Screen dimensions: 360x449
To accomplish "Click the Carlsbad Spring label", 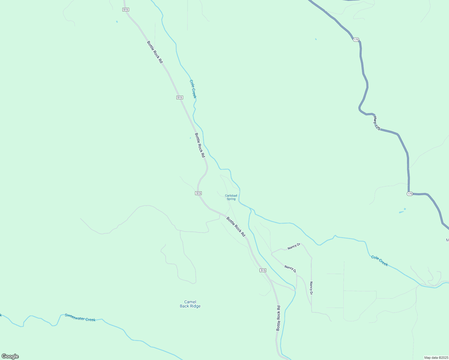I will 231,197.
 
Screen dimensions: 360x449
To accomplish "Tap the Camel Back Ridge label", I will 190,304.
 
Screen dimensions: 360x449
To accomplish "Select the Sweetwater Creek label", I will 80,317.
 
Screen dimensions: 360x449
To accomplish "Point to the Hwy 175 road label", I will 377,123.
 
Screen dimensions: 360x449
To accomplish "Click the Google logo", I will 10,356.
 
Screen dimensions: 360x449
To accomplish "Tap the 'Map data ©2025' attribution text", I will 436,358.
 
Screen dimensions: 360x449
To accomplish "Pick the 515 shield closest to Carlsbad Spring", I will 198,193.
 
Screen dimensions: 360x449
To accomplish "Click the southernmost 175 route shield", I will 410,194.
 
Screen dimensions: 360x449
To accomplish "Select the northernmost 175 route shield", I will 356,40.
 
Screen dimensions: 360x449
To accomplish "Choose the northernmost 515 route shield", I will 126,10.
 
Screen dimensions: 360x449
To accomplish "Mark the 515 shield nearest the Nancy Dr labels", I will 263,270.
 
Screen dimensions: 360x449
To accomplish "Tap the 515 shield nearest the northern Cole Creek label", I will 179,97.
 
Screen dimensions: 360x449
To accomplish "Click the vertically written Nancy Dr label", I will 311,288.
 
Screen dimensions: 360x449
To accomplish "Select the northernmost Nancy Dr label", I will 294,247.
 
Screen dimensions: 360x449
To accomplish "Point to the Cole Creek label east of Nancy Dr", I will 379,261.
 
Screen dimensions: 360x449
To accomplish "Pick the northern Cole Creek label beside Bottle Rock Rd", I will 193,89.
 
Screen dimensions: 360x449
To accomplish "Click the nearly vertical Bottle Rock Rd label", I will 279,318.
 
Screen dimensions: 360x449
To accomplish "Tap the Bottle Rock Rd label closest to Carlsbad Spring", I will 236,226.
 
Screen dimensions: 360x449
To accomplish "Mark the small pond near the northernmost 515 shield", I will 117,22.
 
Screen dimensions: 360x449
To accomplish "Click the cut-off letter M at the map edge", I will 447,240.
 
